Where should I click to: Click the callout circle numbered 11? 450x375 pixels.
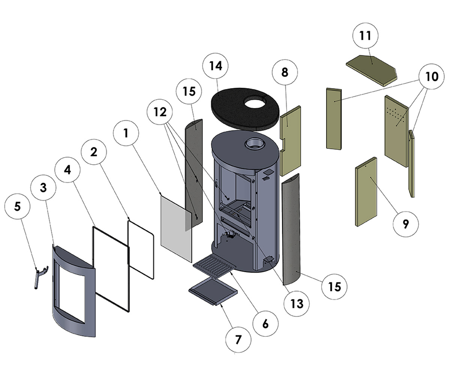tap(364, 36)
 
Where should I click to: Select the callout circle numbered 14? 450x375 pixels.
tap(216, 66)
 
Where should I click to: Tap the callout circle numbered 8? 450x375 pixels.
tap(285, 72)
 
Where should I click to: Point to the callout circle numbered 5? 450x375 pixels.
tap(17, 207)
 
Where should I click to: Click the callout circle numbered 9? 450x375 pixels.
tap(405, 224)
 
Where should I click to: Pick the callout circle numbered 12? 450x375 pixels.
tap(160, 112)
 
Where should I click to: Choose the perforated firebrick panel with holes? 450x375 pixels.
tap(396, 129)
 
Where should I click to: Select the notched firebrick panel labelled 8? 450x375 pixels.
tap(290, 141)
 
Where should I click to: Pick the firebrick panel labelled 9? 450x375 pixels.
tap(366, 191)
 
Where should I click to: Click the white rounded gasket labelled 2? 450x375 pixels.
tap(141, 249)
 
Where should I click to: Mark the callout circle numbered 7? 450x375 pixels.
tap(238, 340)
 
